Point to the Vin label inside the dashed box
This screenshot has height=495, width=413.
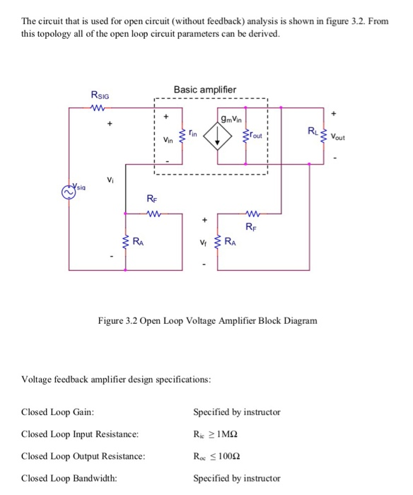click(x=168, y=140)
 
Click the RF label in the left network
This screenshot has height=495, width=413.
click(x=151, y=199)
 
